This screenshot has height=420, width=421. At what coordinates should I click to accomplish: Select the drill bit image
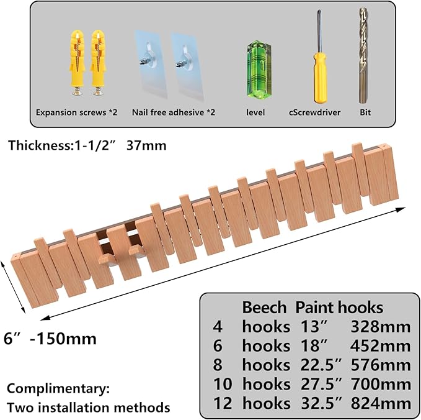[363, 55]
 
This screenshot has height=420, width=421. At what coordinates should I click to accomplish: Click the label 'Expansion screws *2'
[76, 112]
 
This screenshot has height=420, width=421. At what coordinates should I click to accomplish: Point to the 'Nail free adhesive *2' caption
[174, 112]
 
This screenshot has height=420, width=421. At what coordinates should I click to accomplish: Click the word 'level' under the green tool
[255, 112]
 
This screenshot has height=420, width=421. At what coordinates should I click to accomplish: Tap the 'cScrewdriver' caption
[314, 112]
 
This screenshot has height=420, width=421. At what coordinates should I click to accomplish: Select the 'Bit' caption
[365, 112]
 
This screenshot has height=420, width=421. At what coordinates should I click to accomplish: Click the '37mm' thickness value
[146, 145]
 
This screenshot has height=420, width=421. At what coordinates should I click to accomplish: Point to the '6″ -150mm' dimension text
[50, 339]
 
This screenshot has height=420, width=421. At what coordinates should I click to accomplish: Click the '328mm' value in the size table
[381, 327]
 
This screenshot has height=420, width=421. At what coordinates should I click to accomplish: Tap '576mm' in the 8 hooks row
[381, 365]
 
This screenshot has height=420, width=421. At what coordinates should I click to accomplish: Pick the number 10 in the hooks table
[223, 384]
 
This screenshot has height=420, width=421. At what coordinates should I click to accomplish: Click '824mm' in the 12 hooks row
[381, 403]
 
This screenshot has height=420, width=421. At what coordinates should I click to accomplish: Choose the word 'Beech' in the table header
[264, 308]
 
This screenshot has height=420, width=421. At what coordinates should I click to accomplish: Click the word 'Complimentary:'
[58, 389]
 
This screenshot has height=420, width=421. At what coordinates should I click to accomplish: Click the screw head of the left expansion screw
[76, 93]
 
